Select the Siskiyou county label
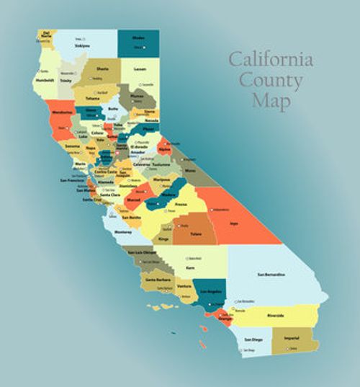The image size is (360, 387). (x=82, y=45)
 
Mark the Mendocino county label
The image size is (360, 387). (x=60, y=114)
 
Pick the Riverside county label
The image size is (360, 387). (x=295, y=315)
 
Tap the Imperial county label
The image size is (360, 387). (x=292, y=337)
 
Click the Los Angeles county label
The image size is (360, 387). (x=210, y=291)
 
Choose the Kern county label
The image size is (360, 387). (x=190, y=267)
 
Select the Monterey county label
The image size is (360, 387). (x=124, y=232)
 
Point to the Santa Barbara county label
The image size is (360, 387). (x=158, y=280)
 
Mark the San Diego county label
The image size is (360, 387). (x=253, y=339)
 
